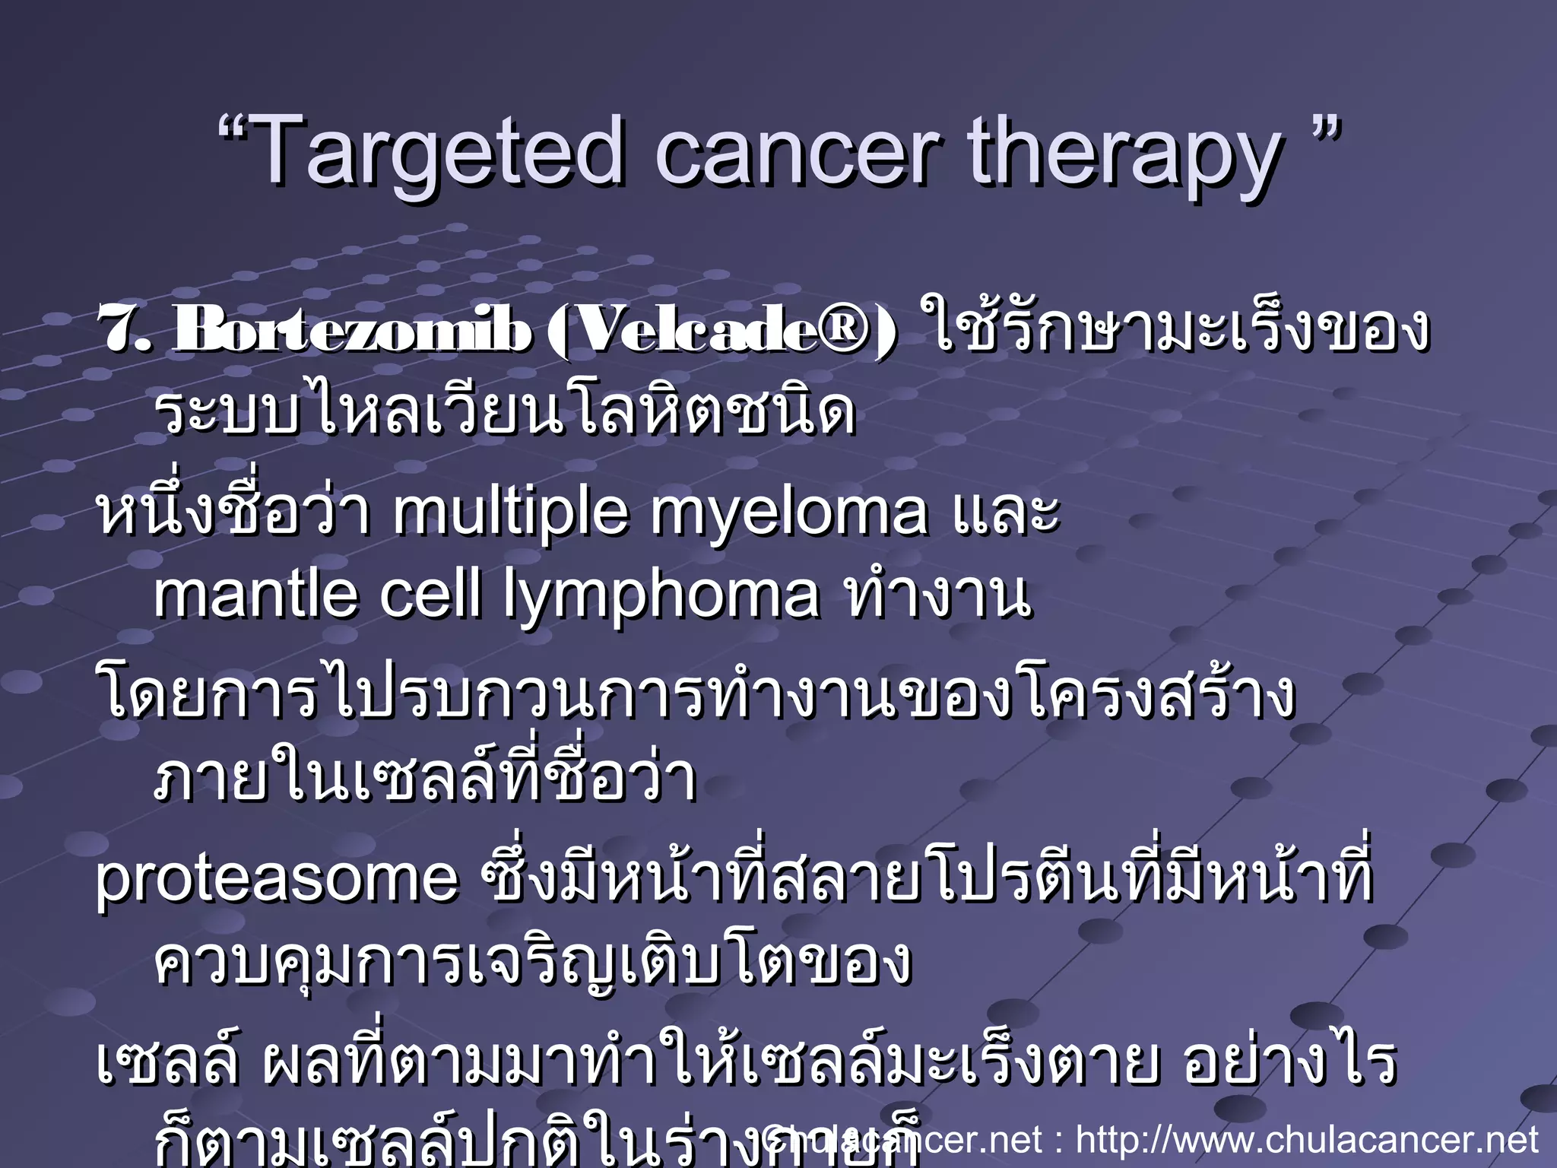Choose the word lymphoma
662,598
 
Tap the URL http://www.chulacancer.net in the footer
1308,1140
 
